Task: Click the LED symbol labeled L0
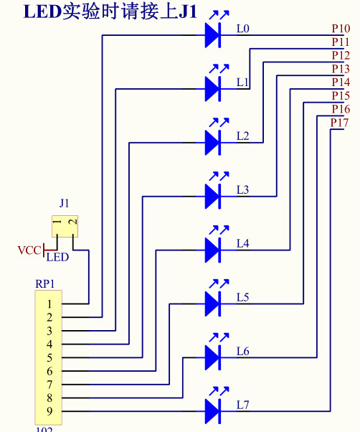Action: (216, 29)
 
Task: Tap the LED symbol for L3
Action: (216, 191)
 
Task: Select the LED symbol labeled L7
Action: (216, 406)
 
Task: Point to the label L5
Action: (243, 297)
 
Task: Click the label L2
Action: (243, 136)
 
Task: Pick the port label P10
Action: (341, 29)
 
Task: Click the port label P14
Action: (341, 82)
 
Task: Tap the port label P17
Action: (340, 123)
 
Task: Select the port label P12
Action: (341, 55)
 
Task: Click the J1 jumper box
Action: (65, 226)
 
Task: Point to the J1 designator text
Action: (64, 203)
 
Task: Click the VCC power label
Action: (29, 250)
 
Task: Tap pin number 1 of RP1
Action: (49, 304)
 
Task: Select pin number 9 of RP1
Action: (49, 411)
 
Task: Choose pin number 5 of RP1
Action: (49, 357)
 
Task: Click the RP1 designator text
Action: (45, 284)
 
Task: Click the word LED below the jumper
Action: (57, 258)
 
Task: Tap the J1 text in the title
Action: (189, 12)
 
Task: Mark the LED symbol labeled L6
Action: (216, 352)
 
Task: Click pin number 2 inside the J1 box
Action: (73, 222)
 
